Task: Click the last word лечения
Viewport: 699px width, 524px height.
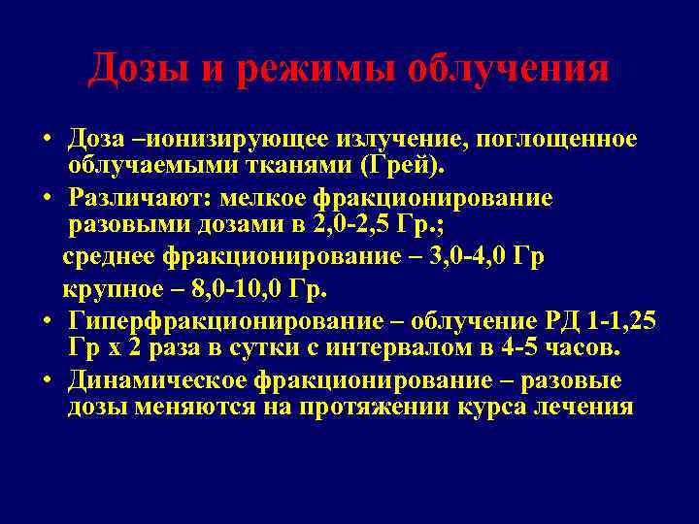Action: tap(584, 407)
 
